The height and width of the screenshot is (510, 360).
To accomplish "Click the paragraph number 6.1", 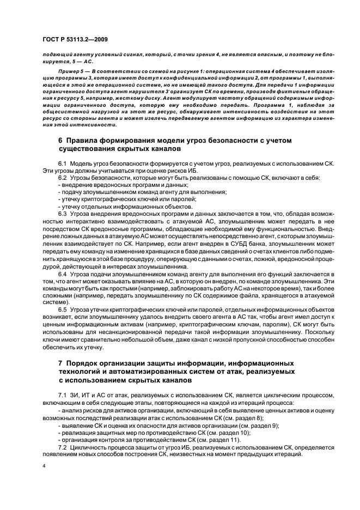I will (63, 163).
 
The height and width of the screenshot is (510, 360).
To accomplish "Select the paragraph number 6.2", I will (63, 178).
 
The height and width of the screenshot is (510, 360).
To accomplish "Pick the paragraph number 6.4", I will (63, 274).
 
